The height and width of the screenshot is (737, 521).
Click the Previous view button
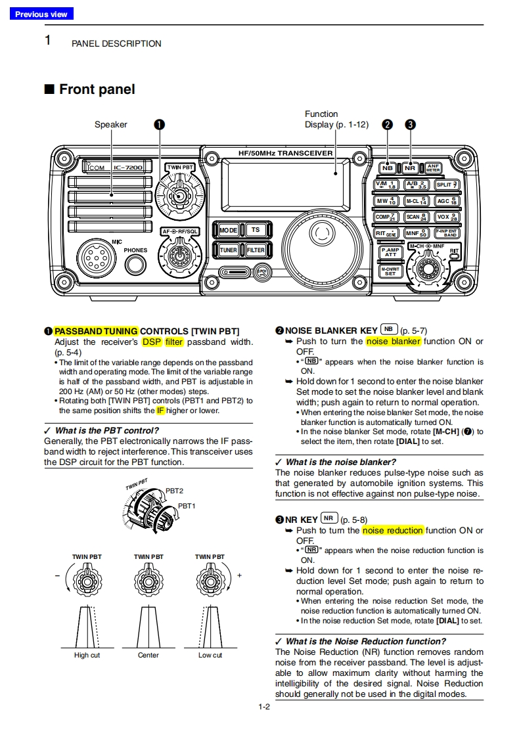coord(41,14)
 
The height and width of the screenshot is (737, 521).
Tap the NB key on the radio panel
coord(388,167)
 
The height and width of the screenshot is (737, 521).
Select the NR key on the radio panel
coord(410,167)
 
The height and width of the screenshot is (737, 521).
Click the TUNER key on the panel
coord(228,250)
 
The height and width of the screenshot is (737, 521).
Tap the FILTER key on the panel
coord(256,250)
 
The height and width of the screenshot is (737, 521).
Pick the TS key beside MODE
coord(255,231)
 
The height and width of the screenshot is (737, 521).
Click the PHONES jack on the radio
coord(135,265)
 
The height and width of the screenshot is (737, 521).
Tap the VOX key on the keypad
coord(447,217)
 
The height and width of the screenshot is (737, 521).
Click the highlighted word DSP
coord(152,342)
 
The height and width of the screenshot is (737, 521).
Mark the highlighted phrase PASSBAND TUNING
coord(96,331)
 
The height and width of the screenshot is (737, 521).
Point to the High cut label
coord(87,655)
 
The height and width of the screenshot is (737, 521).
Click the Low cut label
coord(210,655)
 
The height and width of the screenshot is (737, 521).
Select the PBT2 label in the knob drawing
coord(174,491)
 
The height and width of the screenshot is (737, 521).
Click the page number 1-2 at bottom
coord(264,707)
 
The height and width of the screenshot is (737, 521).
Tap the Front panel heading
coord(97,89)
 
